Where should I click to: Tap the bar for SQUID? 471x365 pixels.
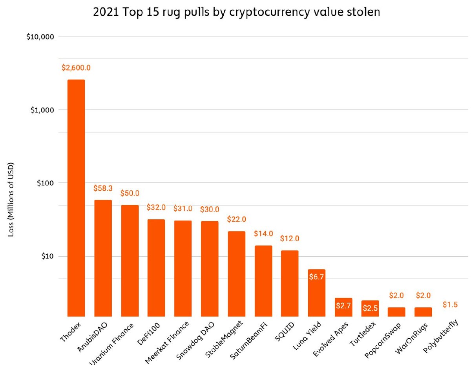[290, 283]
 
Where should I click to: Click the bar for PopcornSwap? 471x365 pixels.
[396, 312]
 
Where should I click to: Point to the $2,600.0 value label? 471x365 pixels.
[76, 68]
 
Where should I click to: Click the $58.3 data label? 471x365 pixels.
[103, 188]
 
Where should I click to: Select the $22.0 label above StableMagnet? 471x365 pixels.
[236, 219]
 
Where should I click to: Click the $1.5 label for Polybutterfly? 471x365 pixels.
[450, 305]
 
